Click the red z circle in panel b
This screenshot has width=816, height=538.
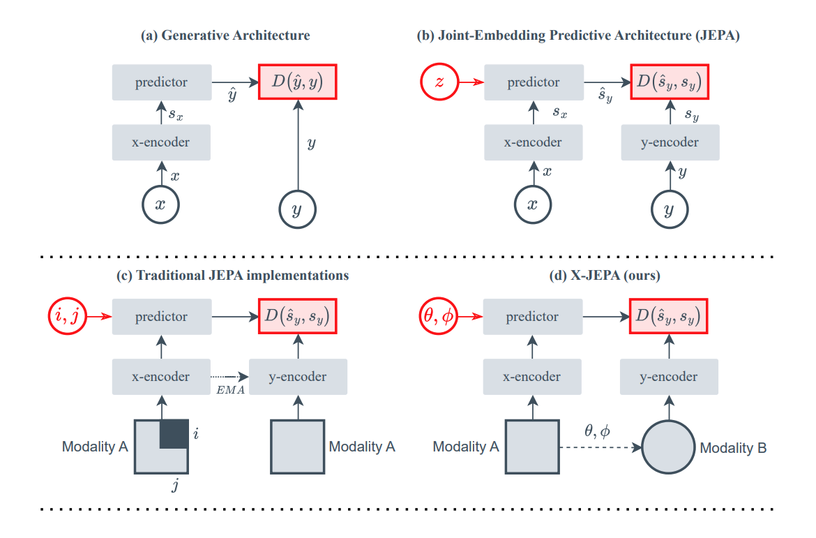[x=439, y=82]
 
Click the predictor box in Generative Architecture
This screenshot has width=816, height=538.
[x=161, y=82]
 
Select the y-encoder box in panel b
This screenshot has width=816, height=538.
[x=670, y=142]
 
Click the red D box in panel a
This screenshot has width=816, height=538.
[x=298, y=82]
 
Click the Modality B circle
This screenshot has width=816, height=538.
[x=668, y=447]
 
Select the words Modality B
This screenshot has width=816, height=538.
[x=734, y=448]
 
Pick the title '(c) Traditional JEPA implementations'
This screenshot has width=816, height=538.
[x=232, y=276]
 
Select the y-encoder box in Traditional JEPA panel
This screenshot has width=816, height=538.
[x=298, y=377]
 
